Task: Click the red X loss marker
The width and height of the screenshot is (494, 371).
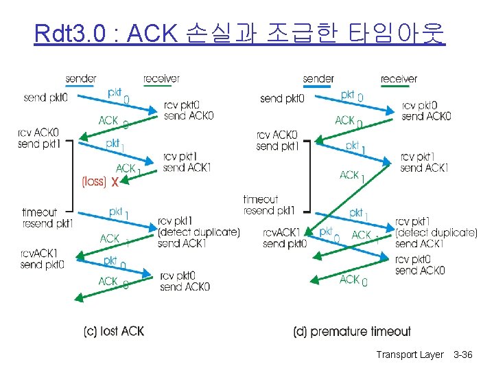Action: point(115,182)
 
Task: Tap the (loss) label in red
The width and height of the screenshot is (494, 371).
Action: point(93,182)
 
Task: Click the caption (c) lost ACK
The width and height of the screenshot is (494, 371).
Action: point(114,332)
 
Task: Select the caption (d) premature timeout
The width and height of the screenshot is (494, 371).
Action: point(352,332)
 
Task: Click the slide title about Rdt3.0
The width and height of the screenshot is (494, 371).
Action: point(239,32)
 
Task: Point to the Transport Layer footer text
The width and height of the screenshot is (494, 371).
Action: point(410,355)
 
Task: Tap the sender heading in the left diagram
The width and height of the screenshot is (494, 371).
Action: point(81,78)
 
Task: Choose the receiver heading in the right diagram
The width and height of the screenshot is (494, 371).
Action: point(399,78)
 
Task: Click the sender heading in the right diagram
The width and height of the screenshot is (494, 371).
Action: point(318,78)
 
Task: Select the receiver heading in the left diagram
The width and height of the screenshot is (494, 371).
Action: point(162,78)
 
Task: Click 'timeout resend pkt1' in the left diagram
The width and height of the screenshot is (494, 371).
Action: point(47,218)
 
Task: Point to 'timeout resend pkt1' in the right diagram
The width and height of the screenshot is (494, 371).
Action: point(269,205)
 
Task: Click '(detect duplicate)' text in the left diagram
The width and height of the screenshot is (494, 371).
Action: point(198,233)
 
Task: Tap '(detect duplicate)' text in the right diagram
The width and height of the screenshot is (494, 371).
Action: point(436,232)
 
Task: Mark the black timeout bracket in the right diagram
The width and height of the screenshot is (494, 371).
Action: point(308,175)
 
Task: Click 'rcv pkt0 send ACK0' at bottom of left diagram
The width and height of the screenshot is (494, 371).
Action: point(185,282)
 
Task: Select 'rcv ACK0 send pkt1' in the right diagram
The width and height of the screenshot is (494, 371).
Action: point(277,141)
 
